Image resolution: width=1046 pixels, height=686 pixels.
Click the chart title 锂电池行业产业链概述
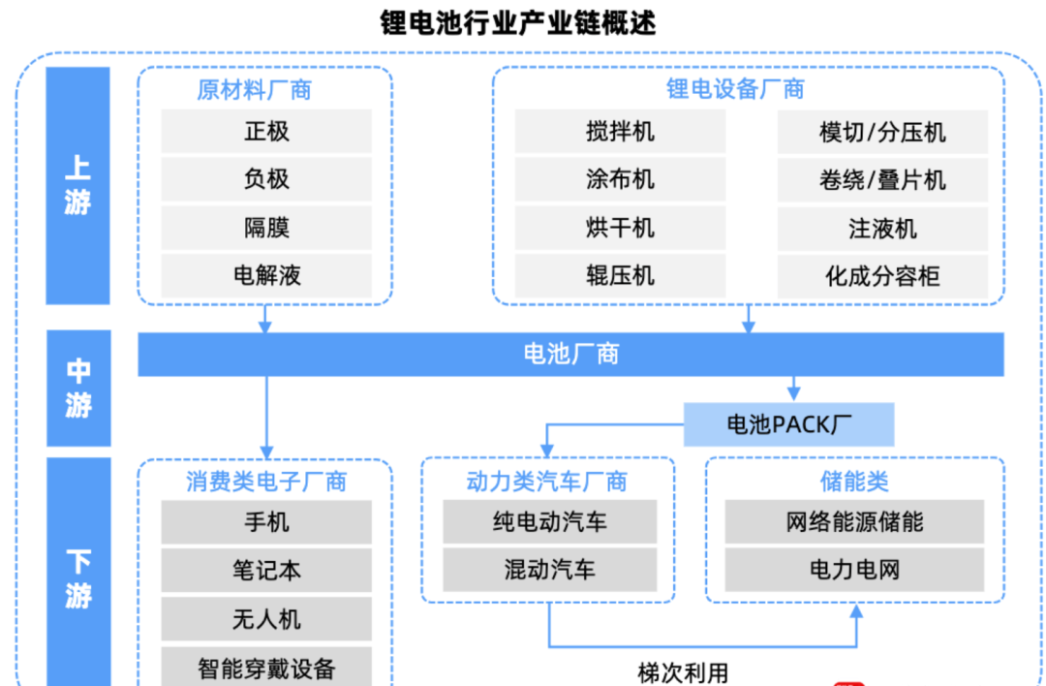[x=517, y=22]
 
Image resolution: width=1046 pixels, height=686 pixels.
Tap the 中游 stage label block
[x=78, y=388]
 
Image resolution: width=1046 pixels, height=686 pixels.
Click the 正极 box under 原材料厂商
[x=266, y=131]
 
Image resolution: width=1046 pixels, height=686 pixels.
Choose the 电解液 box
[x=266, y=275]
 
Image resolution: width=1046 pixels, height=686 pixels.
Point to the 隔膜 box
[x=266, y=228]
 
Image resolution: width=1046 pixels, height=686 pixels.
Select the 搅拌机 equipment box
[x=620, y=131]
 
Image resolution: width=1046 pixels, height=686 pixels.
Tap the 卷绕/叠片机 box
[x=882, y=179]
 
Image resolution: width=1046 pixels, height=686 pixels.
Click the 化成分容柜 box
[x=882, y=275]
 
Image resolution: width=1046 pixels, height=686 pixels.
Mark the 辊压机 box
[x=620, y=275]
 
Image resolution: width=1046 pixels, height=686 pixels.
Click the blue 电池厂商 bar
[x=570, y=354]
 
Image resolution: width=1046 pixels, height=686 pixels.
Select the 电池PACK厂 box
[x=788, y=424]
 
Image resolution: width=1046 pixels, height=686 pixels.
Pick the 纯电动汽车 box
[x=549, y=522]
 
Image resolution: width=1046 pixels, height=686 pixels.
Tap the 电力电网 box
[x=854, y=570]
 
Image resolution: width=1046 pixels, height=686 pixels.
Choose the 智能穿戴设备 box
[x=266, y=668]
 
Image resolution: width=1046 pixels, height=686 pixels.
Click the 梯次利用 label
[x=683, y=672]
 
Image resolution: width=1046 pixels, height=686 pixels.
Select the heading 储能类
[x=854, y=481]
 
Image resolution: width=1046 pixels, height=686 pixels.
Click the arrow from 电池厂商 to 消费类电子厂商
[x=265, y=412]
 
